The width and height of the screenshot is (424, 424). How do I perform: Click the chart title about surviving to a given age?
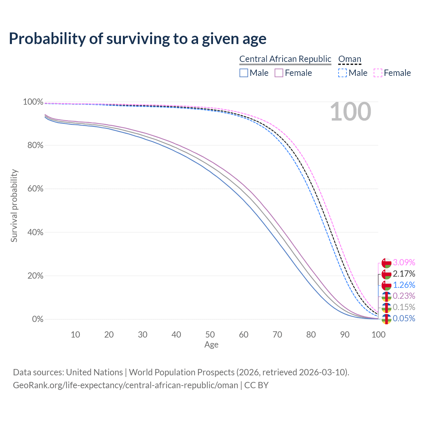[x=137, y=39]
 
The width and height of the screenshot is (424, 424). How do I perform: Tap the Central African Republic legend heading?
[x=285, y=59]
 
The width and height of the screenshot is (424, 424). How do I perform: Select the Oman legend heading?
[x=349, y=59]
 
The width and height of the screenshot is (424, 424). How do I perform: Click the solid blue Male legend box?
[x=244, y=73]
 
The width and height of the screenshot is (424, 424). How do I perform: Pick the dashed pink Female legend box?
[x=378, y=73]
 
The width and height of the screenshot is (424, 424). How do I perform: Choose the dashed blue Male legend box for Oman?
[x=343, y=73]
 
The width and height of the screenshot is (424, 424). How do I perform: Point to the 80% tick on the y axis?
[x=33, y=145]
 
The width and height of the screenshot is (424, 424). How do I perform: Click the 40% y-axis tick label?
[x=33, y=232]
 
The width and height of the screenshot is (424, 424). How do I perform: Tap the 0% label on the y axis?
[x=37, y=319]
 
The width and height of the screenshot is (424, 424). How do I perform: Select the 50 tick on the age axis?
[x=210, y=335]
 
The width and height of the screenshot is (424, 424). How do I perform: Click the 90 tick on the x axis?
[x=345, y=335]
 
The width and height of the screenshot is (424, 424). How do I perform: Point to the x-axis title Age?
[x=211, y=345]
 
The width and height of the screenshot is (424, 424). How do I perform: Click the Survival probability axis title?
[x=14, y=206]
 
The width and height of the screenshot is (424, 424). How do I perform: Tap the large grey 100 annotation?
[x=350, y=112]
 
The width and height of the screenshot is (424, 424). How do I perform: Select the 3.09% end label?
[x=404, y=262]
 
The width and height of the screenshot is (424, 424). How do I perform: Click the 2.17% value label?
[x=404, y=274]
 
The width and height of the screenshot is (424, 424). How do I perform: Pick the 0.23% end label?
[x=404, y=296]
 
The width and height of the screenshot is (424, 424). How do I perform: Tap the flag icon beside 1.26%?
[x=387, y=285]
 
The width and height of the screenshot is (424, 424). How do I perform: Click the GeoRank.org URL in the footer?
[x=126, y=385]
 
